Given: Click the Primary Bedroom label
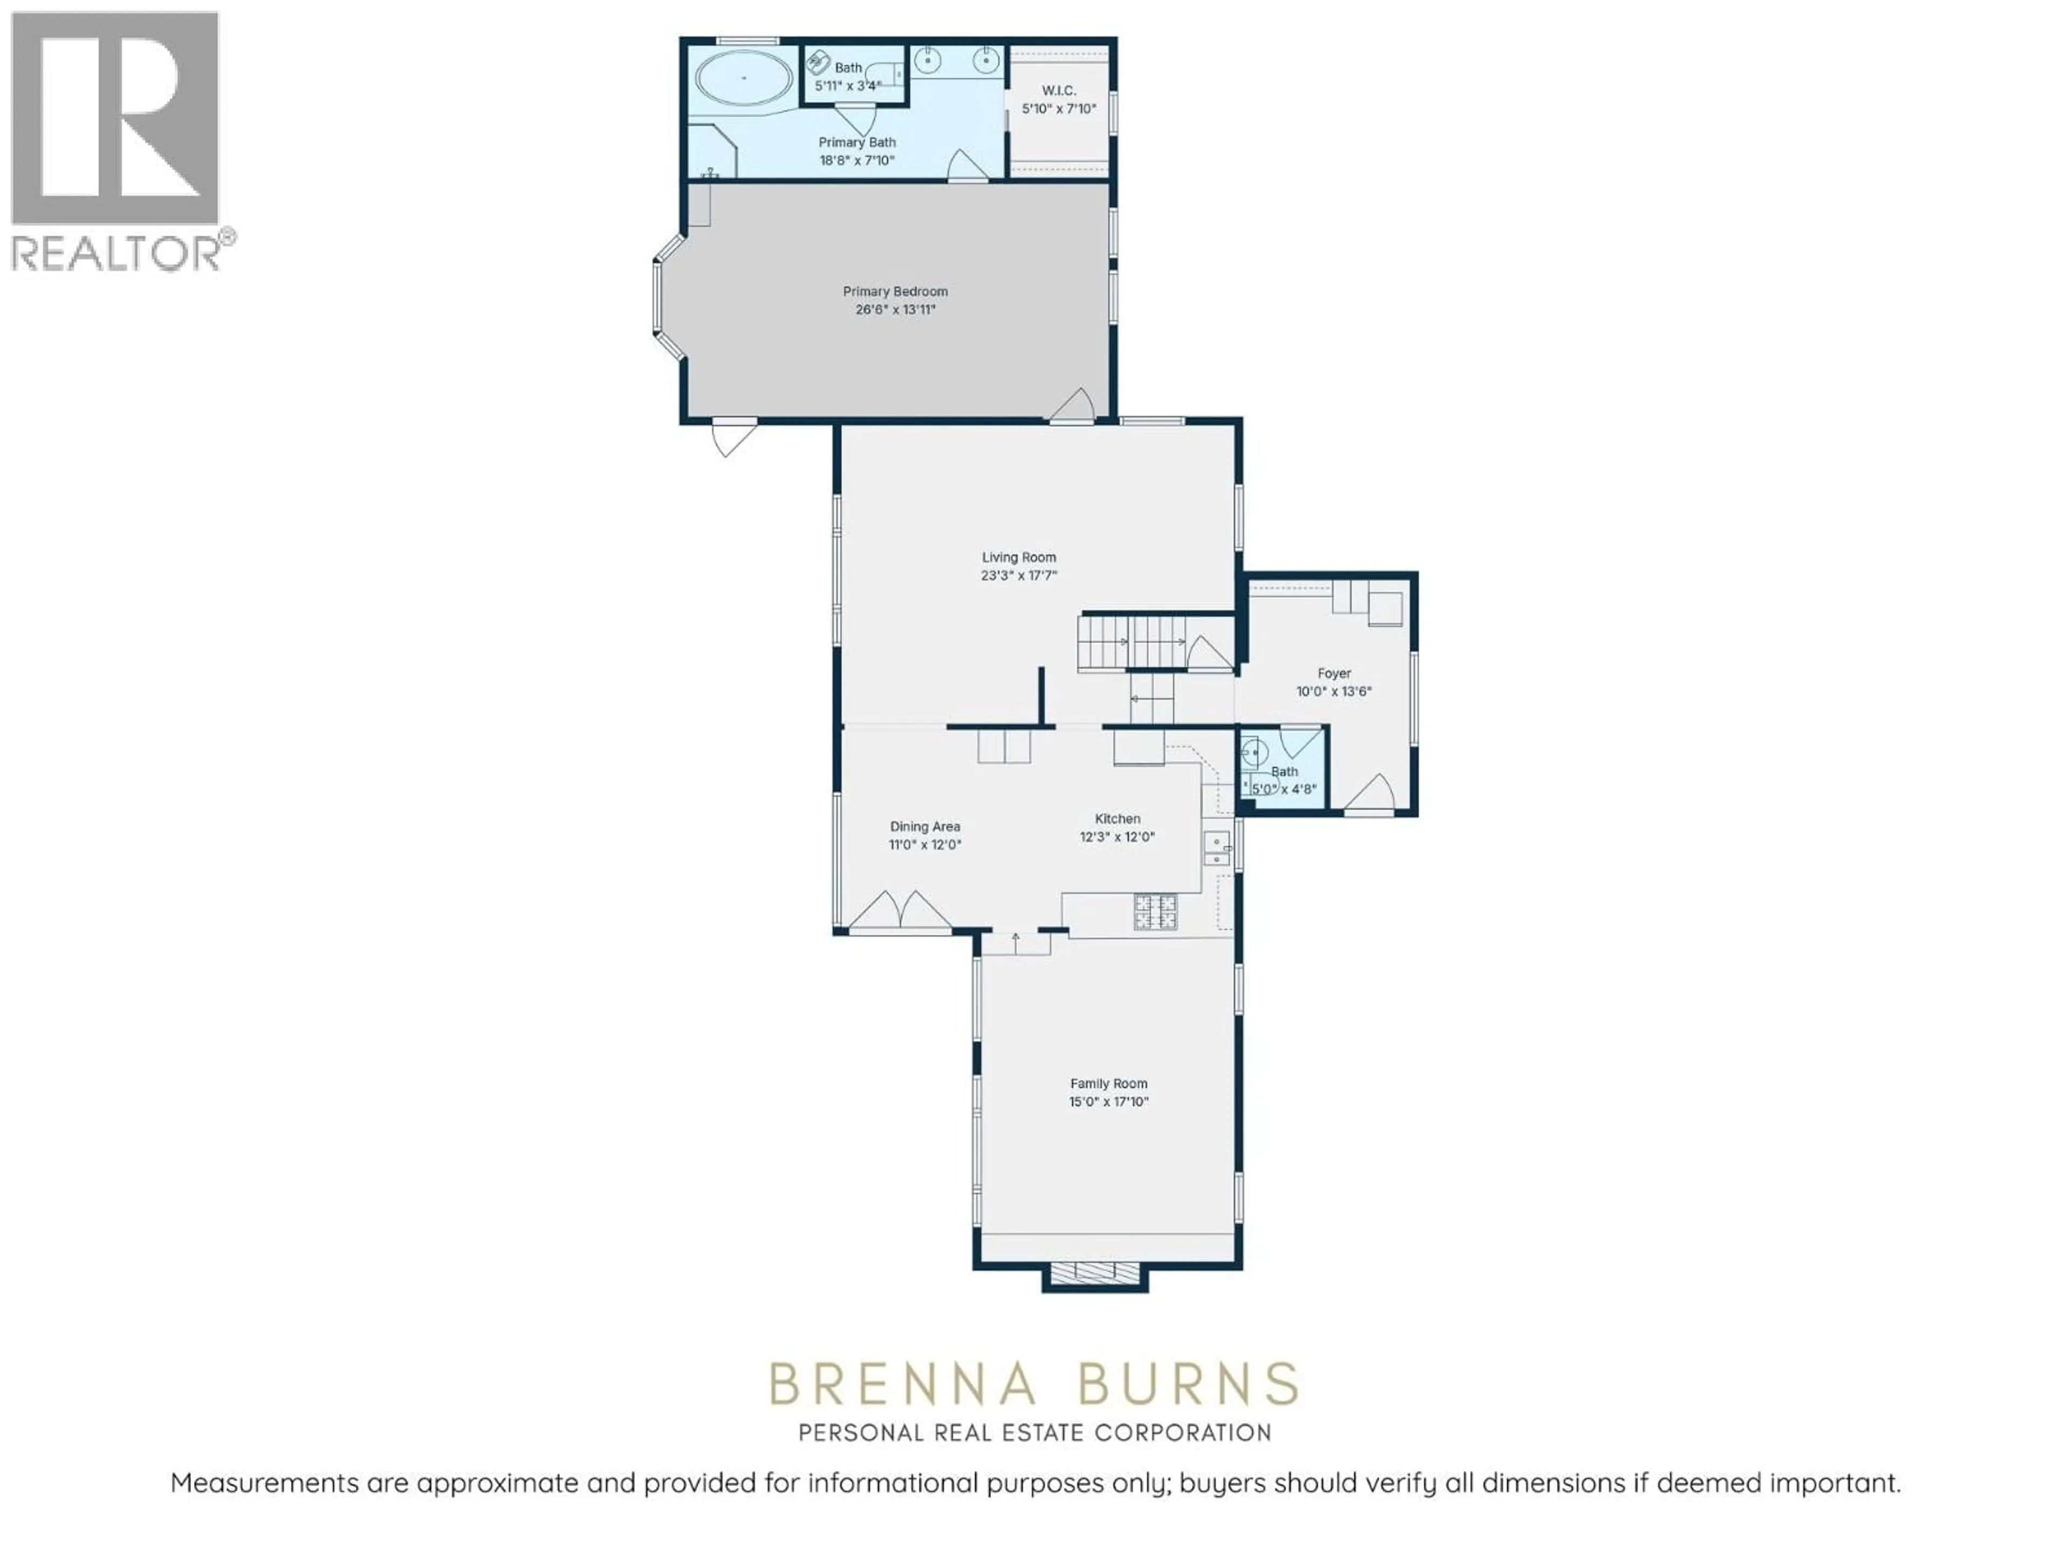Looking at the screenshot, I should (895, 291).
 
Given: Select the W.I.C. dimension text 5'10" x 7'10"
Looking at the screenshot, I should (1059, 108).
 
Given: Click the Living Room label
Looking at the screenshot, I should (1019, 557).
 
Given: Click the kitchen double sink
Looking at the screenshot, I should (1216, 848).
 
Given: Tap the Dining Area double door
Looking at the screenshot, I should (900, 910).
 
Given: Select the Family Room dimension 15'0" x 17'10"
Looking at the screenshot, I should (1108, 1102).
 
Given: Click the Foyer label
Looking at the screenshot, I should (1334, 673).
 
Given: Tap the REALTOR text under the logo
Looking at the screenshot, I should (117, 253).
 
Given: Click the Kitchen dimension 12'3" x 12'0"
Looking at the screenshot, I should (1117, 837).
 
